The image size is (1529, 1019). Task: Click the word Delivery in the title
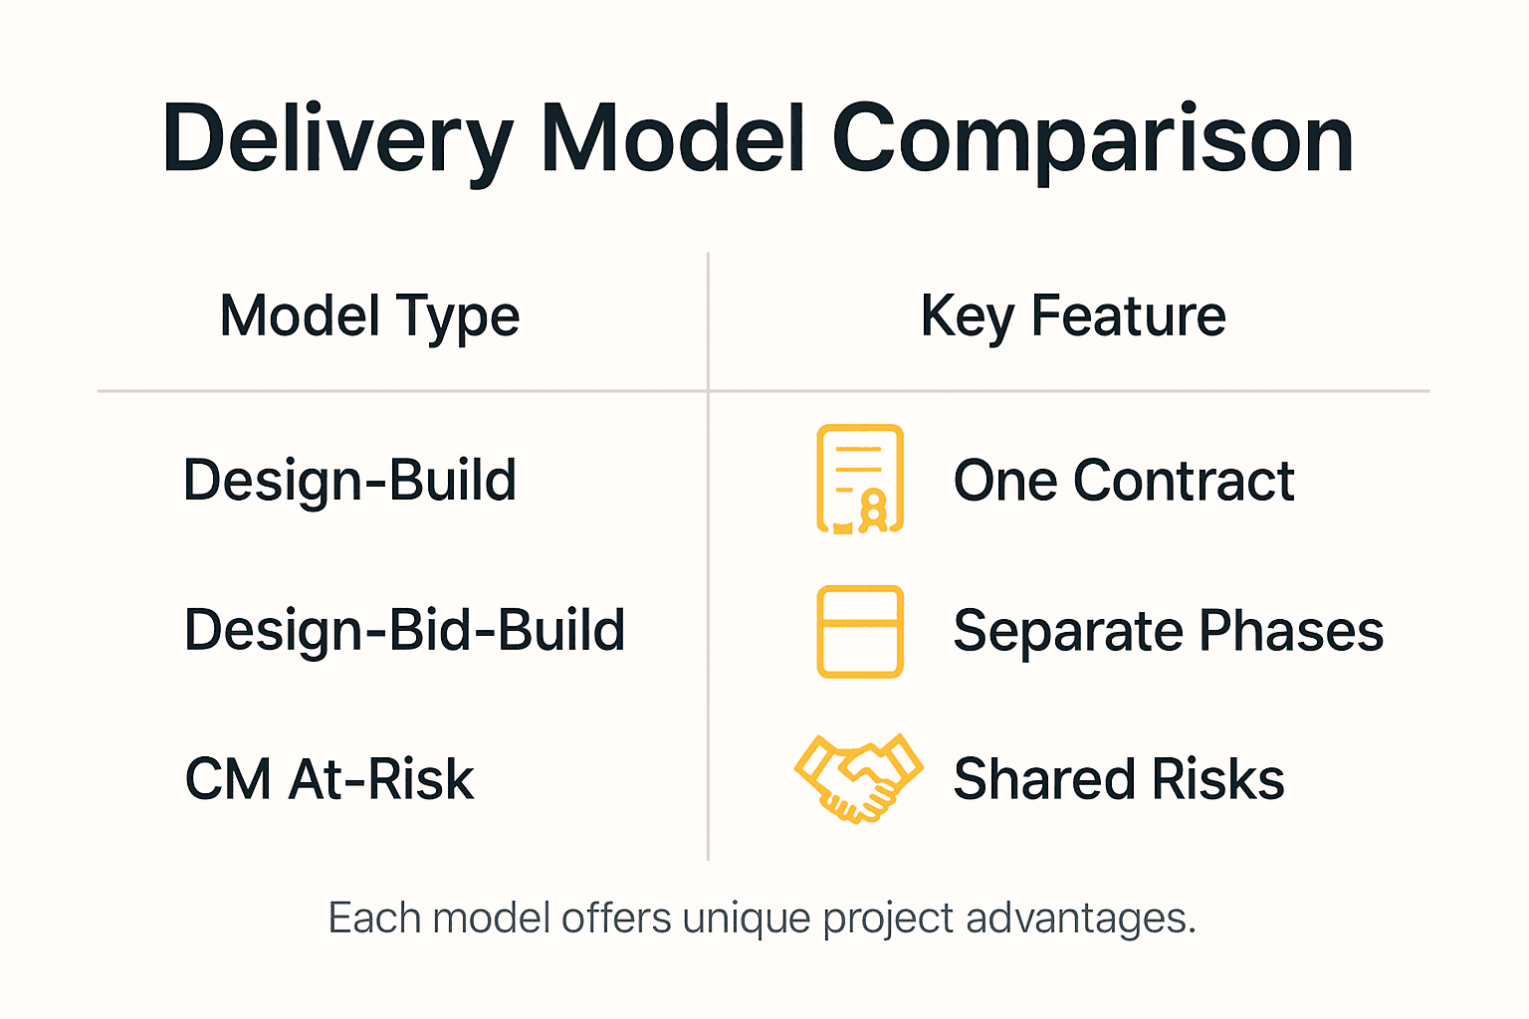click(x=338, y=139)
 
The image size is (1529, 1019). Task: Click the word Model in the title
click(x=673, y=139)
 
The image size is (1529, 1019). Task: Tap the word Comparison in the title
click(x=1092, y=139)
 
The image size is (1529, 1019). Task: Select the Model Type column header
click(x=369, y=316)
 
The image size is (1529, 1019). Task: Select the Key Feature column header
click(x=1073, y=316)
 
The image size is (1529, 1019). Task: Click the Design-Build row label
click(x=349, y=481)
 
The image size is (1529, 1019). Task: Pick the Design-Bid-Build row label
click(x=404, y=630)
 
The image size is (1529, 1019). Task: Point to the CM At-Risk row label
click(x=329, y=779)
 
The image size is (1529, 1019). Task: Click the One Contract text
click(x=1124, y=481)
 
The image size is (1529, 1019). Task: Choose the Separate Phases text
click(x=1169, y=631)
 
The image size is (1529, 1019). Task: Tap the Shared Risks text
click(x=1119, y=779)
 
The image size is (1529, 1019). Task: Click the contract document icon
click(x=860, y=479)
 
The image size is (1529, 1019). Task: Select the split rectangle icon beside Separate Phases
click(x=860, y=632)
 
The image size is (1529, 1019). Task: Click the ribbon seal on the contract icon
click(x=874, y=509)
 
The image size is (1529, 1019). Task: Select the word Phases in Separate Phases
click(x=1291, y=631)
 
